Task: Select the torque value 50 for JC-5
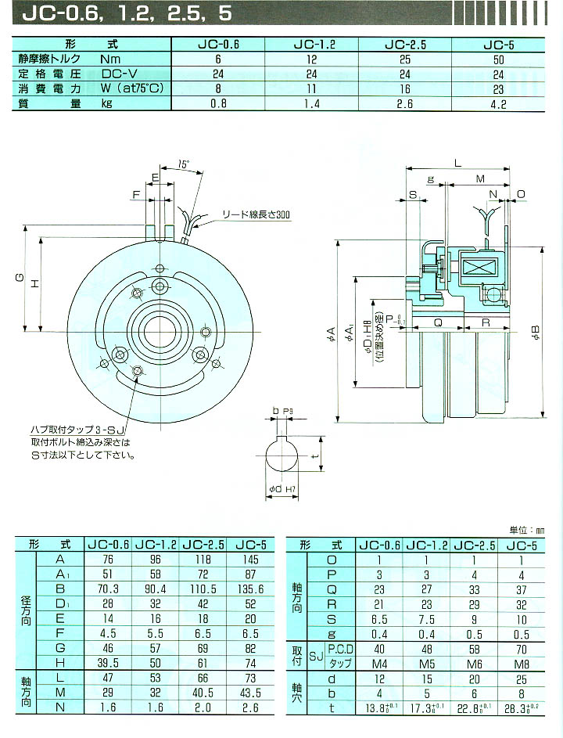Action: click(x=509, y=59)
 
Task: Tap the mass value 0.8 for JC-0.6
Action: click(x=218, y=103)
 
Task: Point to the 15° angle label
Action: click(x=182, y=165)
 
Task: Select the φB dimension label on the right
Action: click(x=536, y=335)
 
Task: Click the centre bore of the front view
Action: click(x=160, y=333)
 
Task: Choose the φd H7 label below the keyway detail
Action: click(x=279, y=489)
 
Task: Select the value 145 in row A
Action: click(x=249, y=559)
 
